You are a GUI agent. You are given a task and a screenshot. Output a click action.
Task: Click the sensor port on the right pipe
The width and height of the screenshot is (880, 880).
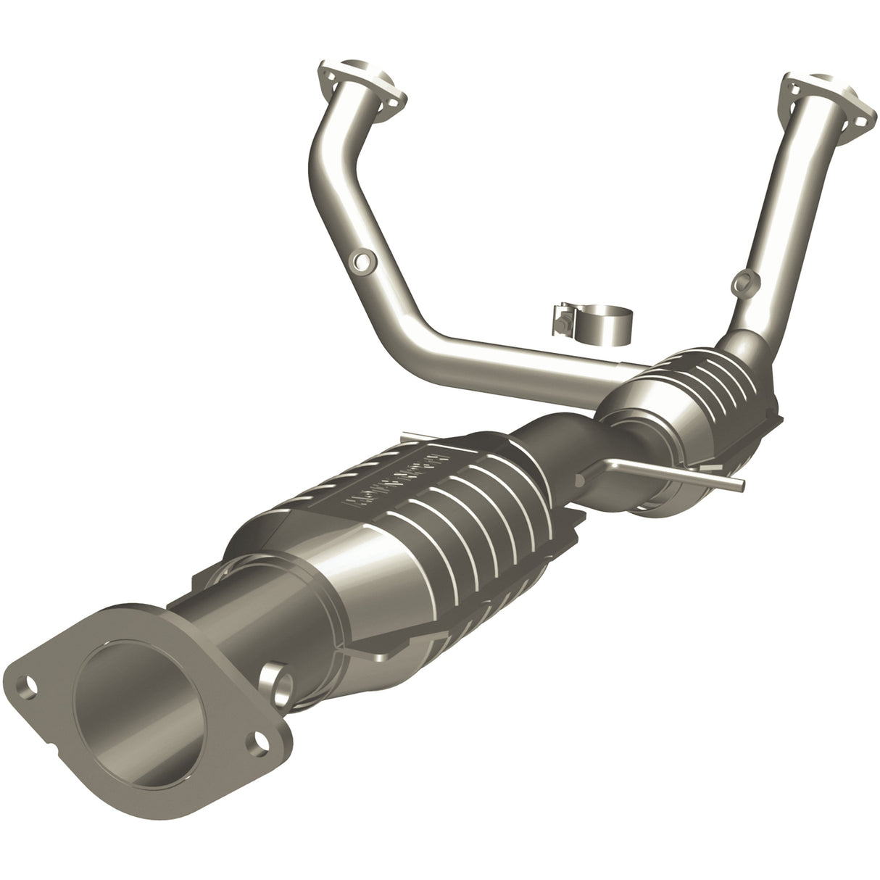point(742,281)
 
